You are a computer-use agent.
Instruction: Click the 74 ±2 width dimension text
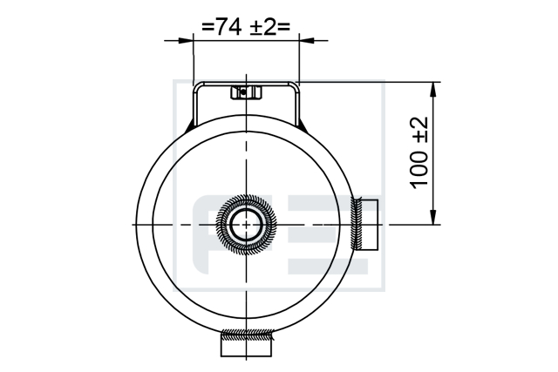246,27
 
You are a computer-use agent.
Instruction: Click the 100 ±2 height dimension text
418,153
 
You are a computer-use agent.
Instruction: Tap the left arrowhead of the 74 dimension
186,41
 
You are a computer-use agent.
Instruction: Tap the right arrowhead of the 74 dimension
306,41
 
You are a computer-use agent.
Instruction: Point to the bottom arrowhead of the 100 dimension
432,217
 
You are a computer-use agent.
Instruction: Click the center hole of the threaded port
246,225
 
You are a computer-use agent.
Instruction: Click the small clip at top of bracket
246,92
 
